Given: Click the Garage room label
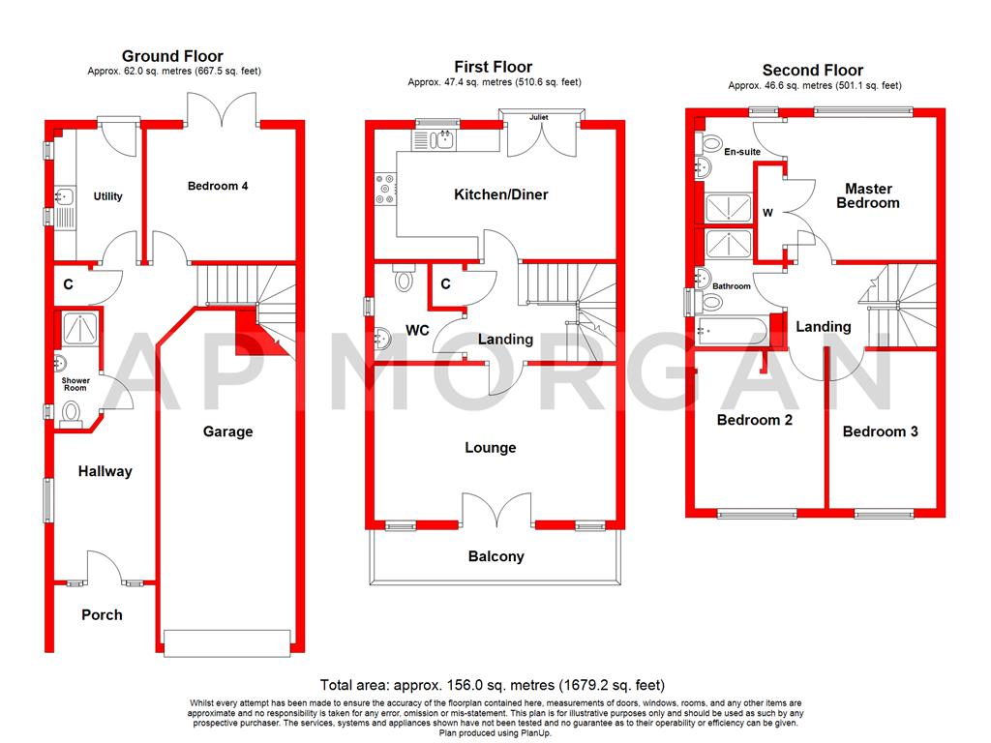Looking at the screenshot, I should click(x=227, y=431).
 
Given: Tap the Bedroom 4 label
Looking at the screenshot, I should click(x=218, y=186).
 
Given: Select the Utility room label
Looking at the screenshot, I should click(x=107, y=196).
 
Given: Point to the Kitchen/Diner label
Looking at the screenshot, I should click(x=501, y=194).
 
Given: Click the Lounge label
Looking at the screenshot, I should click(x=491, y=448).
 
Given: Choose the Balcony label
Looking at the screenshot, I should click(x=495, y=556).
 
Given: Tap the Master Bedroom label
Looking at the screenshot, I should click(x=868, y=195).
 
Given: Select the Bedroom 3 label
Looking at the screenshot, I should click(x=880, y=431).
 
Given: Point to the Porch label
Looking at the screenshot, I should click(x=102, y=614).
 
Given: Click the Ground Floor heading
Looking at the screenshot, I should click(x=173, y=56).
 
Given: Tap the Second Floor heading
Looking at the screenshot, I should click(x=812, y=70).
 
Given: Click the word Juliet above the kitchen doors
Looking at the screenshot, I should click(x=540, y=117).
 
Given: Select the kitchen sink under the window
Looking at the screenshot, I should click(x=440, y=140).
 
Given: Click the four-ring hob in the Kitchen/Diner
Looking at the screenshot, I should click(x=384, y=189).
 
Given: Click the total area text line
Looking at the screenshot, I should click(x=493, y=685).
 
